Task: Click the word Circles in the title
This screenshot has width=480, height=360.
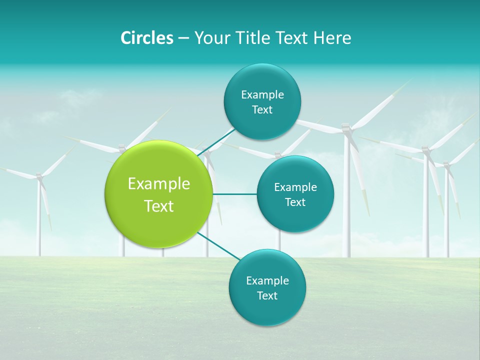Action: (146, 38)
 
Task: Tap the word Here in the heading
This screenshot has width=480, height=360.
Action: (332, 38)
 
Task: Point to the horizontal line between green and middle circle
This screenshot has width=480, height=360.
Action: (234, 194)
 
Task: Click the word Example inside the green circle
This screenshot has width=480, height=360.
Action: (159, 184)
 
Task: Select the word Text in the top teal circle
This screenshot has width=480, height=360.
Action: (262, 110)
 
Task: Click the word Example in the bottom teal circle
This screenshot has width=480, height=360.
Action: (267, 281)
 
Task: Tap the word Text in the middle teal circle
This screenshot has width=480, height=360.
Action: (295, 202)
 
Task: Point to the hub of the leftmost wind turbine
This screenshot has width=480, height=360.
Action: (39, 176)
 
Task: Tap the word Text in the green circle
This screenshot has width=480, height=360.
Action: (159, 206)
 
